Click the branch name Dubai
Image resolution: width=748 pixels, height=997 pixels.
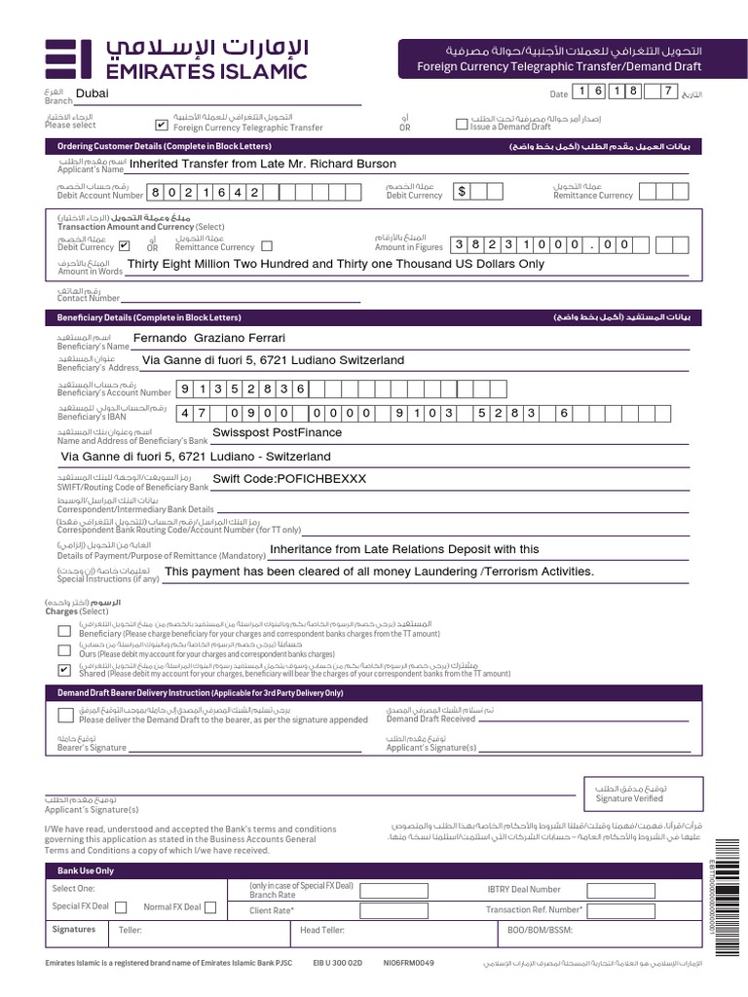click(93, 93)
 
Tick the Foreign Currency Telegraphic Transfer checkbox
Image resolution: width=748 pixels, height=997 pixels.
click(161, 125)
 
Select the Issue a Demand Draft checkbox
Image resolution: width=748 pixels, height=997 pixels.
click(463, 124)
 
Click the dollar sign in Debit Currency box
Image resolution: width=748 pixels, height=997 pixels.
click(463, 191)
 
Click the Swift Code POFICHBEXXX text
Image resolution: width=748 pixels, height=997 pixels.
click(289, 479)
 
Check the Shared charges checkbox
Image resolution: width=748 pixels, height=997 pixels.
click(64, 670)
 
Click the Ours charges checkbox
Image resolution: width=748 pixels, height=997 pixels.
click(64, 649)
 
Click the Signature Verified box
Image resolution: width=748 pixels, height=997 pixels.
click(629, 792)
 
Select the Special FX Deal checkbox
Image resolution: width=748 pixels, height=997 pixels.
click(121, 906)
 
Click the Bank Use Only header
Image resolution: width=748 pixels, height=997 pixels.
click(86, 870)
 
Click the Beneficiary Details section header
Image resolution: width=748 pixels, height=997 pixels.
click(159, 317)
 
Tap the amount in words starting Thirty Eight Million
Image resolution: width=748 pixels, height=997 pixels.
click(336, 264)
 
